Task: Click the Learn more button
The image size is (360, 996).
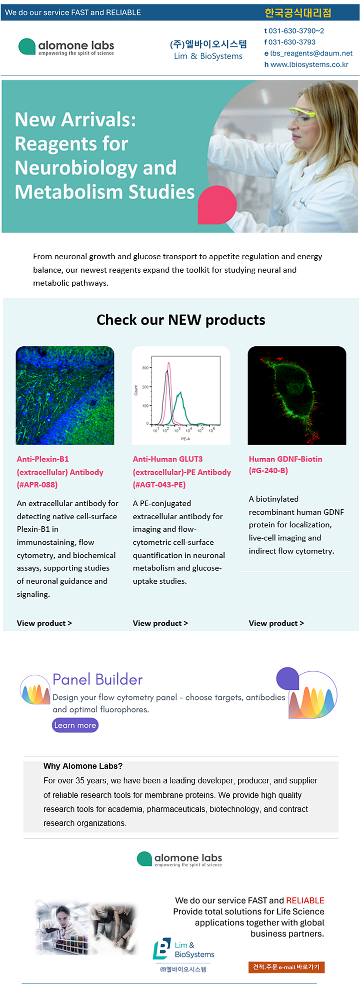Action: (x=75, y=725)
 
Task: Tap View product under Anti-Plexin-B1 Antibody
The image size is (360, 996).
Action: (x=44, y=623)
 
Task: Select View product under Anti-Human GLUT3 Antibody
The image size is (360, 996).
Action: (x=160, y=623)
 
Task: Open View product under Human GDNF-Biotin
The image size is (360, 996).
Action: (x=276, y=623)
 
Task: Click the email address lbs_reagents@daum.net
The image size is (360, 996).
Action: (x=311, y=54)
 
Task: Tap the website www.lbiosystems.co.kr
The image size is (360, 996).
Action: (x=309, y=65)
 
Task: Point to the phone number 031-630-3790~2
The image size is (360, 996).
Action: (x=296, y=31)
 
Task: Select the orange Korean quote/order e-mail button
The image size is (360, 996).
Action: (x=286, y=967)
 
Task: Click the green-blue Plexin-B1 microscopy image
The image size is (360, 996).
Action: (x=65, y=395)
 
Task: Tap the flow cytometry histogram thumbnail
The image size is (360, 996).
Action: (x=181, y=395)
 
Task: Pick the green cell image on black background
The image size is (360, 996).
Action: (x=297, y=395)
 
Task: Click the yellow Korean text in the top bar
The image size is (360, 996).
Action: (x=298, y=13)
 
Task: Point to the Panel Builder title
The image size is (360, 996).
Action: (x=97, y=679)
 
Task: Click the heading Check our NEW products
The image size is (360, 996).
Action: (x=181, y=320)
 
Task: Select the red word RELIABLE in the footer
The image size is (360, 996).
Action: (x=305, y=900)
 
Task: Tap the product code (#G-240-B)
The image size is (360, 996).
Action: (x=268, y=471)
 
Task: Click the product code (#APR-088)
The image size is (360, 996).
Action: (x=37, y=485)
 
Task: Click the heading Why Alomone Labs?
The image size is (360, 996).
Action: (x=83, y=766)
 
